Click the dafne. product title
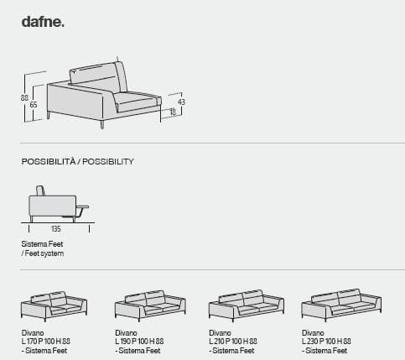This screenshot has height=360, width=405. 43,22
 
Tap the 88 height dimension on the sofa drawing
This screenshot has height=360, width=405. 24,98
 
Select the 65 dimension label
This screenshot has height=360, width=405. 34,105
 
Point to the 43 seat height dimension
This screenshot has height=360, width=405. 181,102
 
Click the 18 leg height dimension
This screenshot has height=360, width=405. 173,112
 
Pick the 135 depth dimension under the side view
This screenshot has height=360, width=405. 56,229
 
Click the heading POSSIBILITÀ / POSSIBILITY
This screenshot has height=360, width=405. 78,161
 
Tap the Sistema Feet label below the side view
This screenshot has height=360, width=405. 42,244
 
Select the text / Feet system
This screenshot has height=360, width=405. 43,253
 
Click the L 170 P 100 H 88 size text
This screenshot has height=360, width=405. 46,342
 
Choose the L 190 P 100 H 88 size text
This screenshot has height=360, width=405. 139,342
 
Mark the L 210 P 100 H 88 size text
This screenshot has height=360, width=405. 233,342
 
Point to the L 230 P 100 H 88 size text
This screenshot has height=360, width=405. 326,342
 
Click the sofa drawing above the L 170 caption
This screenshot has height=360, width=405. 54,306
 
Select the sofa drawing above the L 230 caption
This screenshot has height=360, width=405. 341,305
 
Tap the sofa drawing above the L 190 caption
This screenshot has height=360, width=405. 150,306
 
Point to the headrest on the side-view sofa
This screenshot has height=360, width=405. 40,190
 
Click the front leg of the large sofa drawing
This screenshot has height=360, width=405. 102,124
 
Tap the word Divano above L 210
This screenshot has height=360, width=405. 220,333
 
